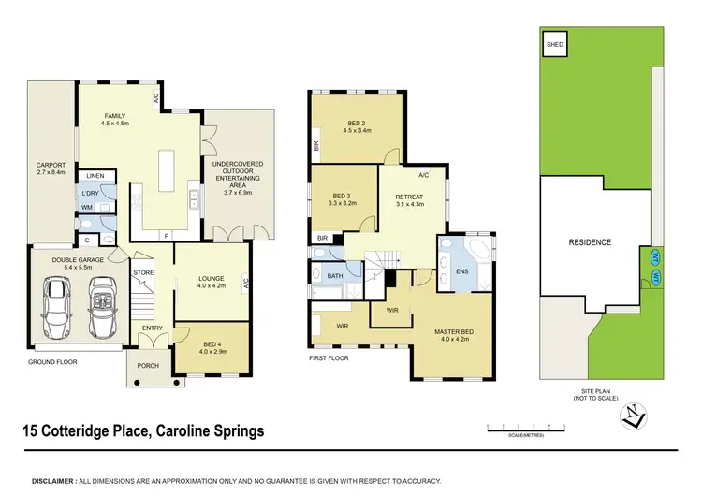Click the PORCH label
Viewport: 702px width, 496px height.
point(148,365)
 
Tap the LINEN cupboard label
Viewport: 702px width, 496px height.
point(95,176)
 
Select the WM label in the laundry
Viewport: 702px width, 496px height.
point(86,207)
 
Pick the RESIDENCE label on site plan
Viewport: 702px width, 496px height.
point(590,242)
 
